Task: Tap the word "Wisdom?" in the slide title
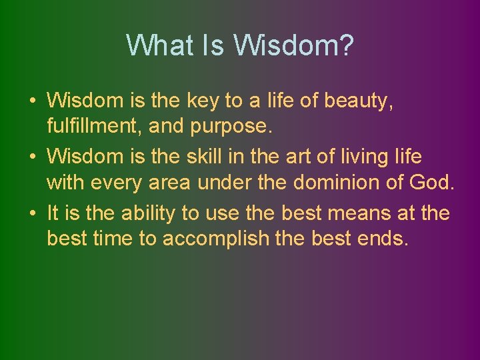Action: [293, 45]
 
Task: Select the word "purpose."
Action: [237, 125]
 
